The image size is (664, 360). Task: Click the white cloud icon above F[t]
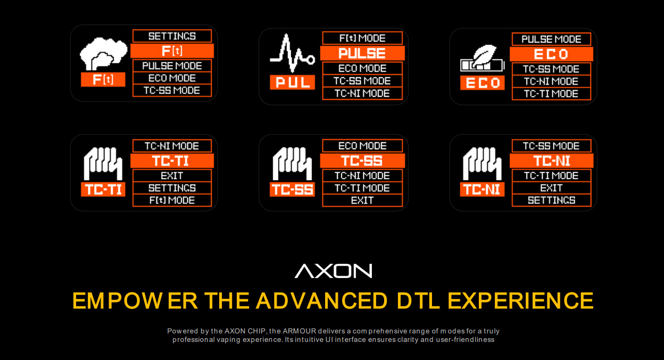tap(103, 54)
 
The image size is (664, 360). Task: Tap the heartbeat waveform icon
tap(292, 53)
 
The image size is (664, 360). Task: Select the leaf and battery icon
tap(482, 58)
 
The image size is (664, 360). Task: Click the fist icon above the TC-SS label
tap(292, 164)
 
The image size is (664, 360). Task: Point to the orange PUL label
tap(292, 82)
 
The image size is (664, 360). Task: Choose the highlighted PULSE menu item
tap(362, 53)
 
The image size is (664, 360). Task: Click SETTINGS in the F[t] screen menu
tap(172, 36)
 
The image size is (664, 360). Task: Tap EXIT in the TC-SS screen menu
tap(362, 200)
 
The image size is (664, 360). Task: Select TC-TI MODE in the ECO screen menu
tap(551, 94)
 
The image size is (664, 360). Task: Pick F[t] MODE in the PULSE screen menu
tap(362, 38)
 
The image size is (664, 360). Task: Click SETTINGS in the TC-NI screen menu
tap(551, 200)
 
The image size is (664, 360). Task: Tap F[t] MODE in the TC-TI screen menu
tap(172, 200)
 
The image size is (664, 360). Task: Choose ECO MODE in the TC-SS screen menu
tap(362, 146)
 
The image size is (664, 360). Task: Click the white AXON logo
tap(333, 271)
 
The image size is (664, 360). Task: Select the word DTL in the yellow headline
tap(418, 301)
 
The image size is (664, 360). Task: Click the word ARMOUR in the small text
tap(300, 331)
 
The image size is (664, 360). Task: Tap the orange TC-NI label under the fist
tap(482, 189)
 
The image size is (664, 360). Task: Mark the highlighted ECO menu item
tap(551, 54)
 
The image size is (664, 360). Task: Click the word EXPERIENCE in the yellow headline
tap(520, 301)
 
